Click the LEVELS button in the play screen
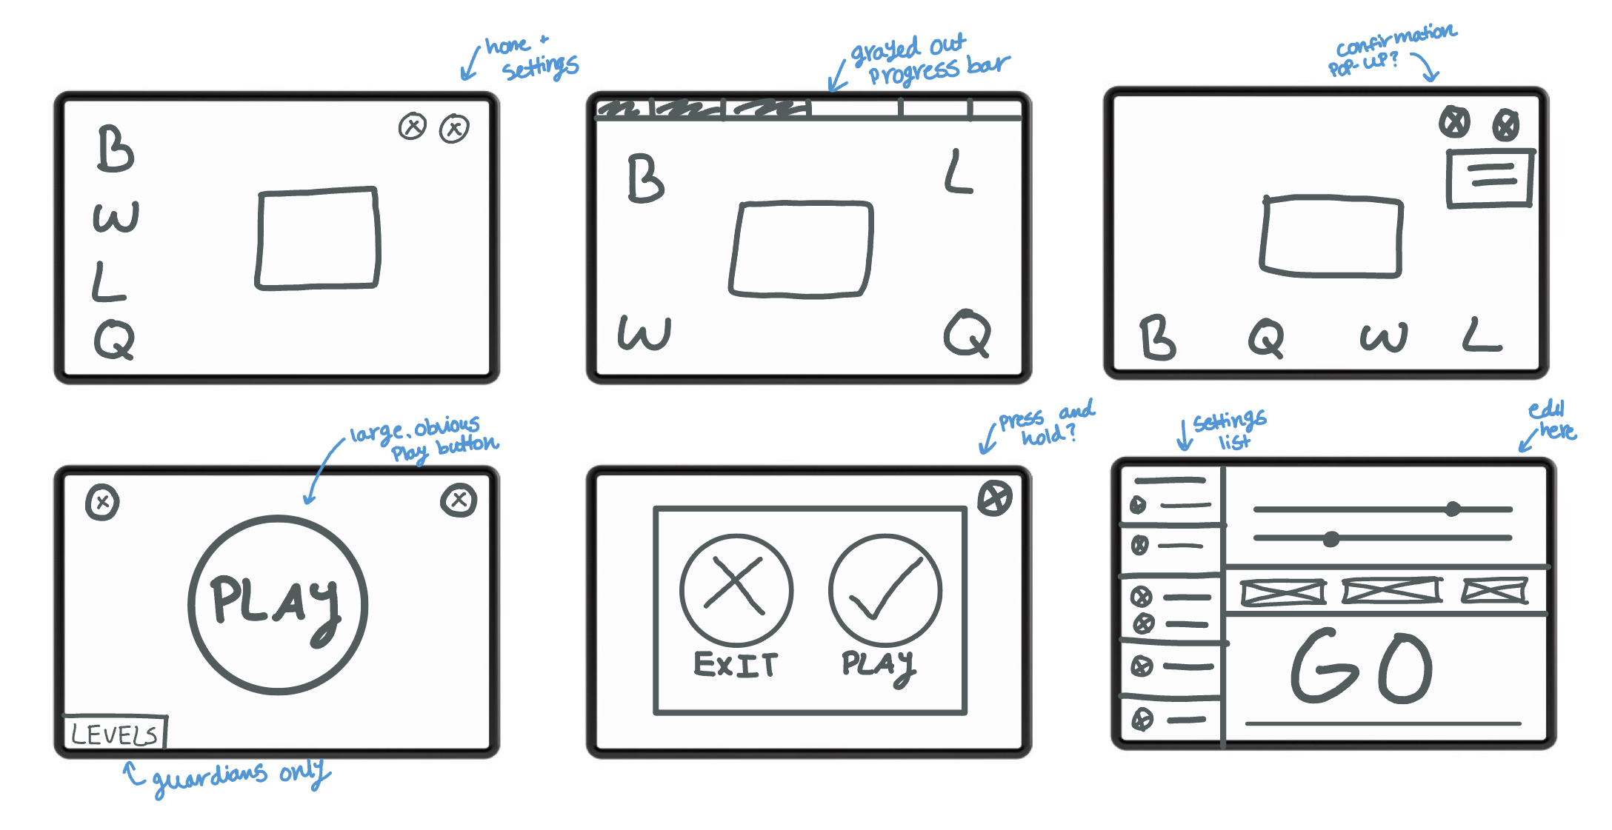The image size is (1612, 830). pyautogui.click(x=115, y=734)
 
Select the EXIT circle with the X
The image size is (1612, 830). pyautogui.click(x=736, y=590)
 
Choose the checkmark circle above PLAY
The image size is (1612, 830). pyautogui.click(x=885, y=590)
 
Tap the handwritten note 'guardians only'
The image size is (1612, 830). pyautogui.click(x=237, y=775)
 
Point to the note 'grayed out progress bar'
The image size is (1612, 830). pyautogui.click(x=926, y=60)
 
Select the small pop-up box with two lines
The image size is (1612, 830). pyautogui.click(x=1489, y=178)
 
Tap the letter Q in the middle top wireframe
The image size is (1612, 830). pyautogui.click(x=967, y=334)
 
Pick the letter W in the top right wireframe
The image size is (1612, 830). pyautogui.click(x=1382, y=338)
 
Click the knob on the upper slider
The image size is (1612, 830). pyautogui.click(x=1453, y=509)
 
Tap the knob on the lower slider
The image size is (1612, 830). pyautogui.click(x=1331, y=539)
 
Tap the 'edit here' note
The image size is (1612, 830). pyautogui.click(x=1552, y=420)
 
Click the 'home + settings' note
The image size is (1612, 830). pyautogui.click(x=530, y=57)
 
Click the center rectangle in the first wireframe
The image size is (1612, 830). pyautogui.click(x=318, y=238)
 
